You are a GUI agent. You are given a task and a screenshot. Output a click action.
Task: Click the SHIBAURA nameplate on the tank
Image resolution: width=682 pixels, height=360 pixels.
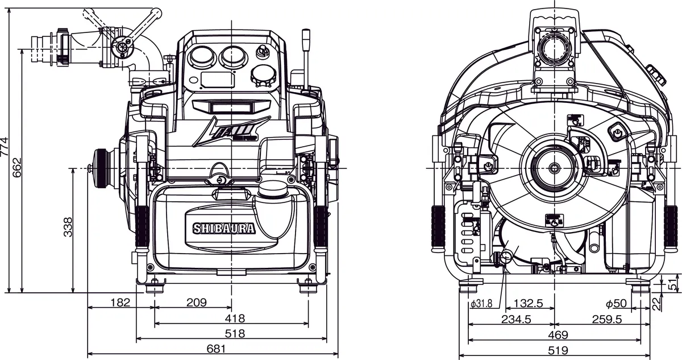(x=224, y=229)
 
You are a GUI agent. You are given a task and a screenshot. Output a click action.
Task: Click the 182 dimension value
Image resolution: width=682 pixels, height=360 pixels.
(x=120, y=302)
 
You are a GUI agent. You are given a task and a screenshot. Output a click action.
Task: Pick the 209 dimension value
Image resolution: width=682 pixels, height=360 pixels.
(x=196, y=302)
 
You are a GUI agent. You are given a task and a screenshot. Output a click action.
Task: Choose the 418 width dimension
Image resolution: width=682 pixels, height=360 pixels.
(x=235, y=318)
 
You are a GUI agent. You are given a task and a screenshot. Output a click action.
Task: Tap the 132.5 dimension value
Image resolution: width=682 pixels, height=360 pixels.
(x=529, y=303)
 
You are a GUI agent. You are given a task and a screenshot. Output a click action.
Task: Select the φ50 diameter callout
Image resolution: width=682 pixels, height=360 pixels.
(x=616, y=303)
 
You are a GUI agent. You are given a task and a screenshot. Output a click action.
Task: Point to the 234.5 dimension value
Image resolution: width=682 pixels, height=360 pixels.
(x=515, y=319)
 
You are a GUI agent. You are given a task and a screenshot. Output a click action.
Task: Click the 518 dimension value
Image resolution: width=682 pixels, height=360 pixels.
(x=235, y=333)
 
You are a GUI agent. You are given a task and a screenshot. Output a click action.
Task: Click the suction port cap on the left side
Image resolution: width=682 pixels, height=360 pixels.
(x=102, y=168)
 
